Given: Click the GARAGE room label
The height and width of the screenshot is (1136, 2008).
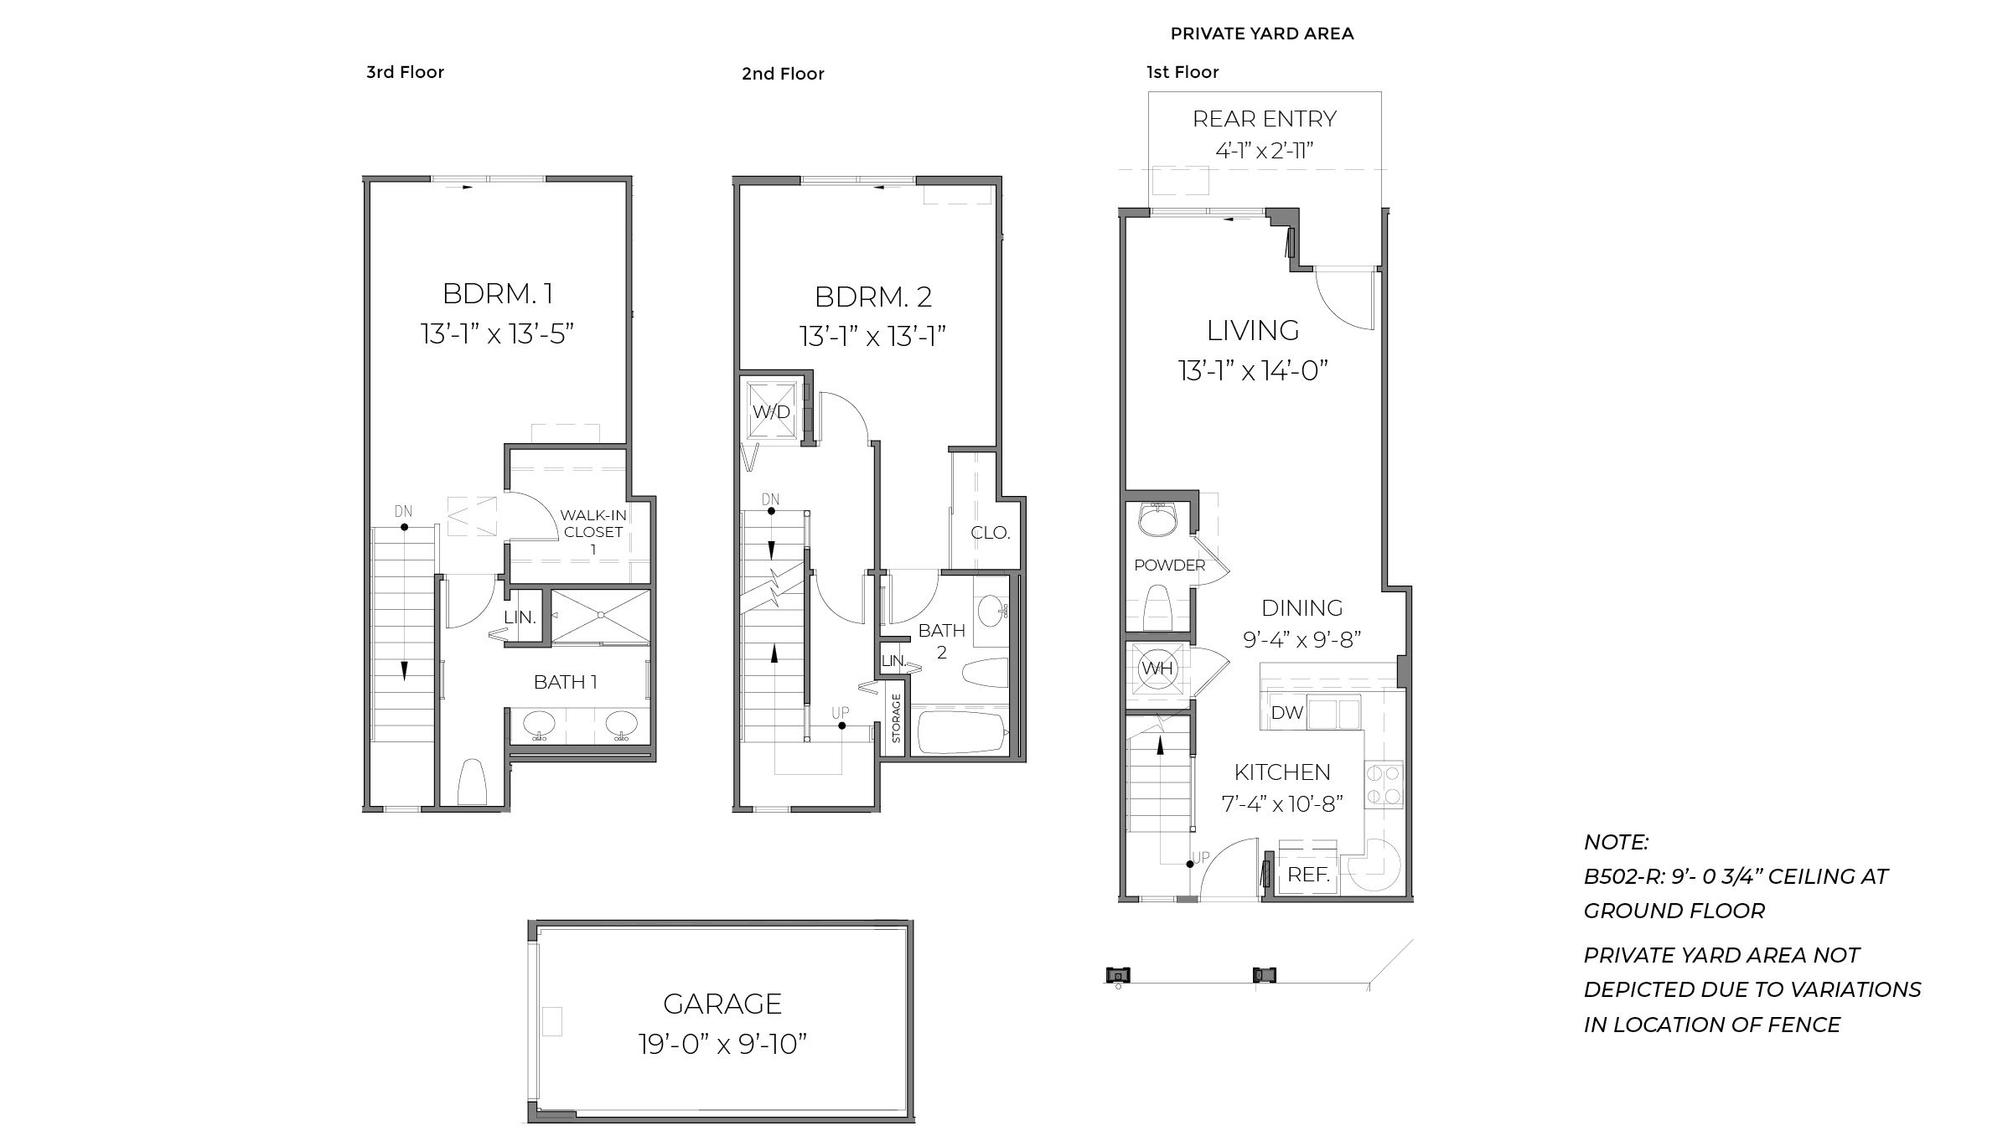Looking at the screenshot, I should pyautogui.click(x=722, y=1004).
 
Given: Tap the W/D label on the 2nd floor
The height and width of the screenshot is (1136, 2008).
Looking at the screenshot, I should pyautogui.click(x=771, y=412).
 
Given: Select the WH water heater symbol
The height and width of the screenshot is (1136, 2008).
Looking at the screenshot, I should pyautogui.click(x=1157, y=669).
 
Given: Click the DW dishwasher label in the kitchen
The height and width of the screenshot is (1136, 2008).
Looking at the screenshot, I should pyautogui.click(x=1286, y=713).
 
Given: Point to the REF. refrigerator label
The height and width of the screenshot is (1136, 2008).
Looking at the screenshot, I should pyautogui.click(x=1308, y=875).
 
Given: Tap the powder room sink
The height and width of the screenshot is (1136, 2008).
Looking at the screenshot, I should pyautogui.click(x=1159, y=522).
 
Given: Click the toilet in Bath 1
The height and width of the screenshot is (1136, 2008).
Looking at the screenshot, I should pyautogui.click(x=472, y=782).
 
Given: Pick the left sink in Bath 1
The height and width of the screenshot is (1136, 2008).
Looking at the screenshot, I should pyautogui.click(x=540, y=724).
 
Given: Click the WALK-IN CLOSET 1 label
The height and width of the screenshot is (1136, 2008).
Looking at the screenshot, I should pyautogui.click(x=593, y=532).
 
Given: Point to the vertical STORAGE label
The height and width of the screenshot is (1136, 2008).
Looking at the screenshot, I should pyautogui.click(x=896, y=719).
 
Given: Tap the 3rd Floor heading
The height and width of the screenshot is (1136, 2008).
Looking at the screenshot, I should pyautogui.click(x=405, y=72).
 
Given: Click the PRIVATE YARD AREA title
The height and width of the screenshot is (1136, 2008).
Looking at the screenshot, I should pyautogui.click(x=1261, y=34).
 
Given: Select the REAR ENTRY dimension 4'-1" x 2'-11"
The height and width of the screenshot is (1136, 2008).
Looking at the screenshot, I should pyautogui.click(x=1264, y=151).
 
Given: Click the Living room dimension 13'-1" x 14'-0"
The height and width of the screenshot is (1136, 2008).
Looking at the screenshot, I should pyautogui.click(x=1253, y=370).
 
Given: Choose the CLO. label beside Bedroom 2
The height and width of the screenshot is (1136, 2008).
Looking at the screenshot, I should pyautogui.click(x=990, y=533).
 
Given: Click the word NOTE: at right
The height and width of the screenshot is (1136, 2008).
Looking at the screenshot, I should pyautogui.click(x=1616, y=842).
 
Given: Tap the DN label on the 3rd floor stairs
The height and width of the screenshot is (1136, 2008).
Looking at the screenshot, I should pyautogui.click(x=403, y=511).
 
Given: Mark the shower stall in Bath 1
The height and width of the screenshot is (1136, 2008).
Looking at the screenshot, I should pyautogui.click(x=600, y=616).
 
